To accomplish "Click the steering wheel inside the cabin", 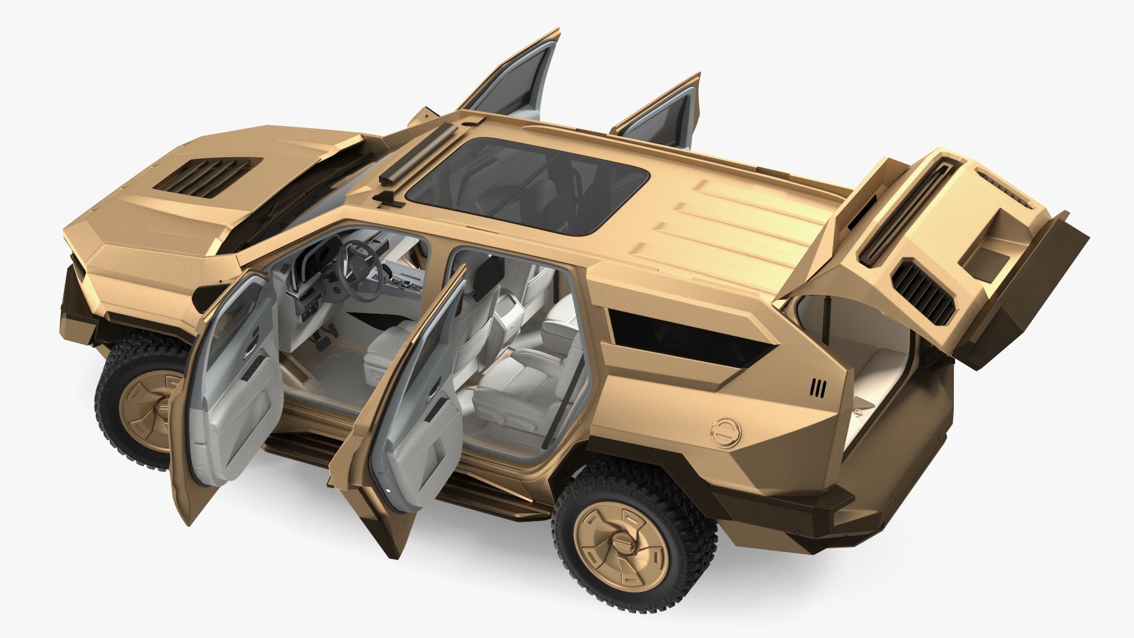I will (357, 271).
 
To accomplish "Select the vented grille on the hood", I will (202, 175).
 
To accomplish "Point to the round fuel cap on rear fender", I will (725, 432).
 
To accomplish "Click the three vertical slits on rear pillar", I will (817, 388).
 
